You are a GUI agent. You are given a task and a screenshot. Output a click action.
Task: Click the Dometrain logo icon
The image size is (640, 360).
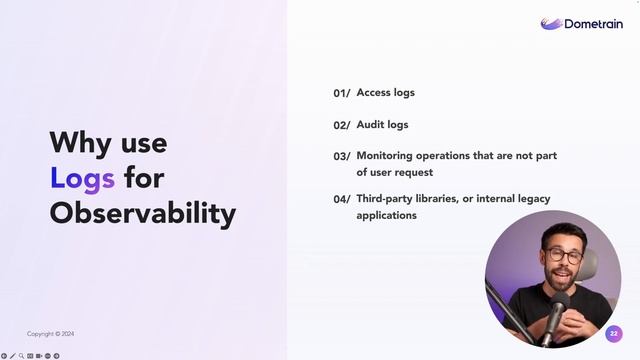(x=552, y=23)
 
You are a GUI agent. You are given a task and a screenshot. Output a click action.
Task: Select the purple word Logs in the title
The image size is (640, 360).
(x=82, y=178)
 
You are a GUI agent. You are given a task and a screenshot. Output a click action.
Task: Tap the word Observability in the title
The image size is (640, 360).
(x=143, y=213)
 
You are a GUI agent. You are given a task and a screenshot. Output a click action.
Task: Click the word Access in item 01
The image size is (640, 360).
(x=373, y=93)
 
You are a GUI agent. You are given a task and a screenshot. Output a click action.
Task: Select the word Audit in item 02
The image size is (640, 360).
(x=371, y=125)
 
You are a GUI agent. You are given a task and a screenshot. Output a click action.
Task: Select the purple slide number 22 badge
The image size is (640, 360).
(x=614, y=333)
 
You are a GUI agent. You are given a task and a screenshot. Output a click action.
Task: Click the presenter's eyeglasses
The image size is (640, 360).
(x=563, y=255)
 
